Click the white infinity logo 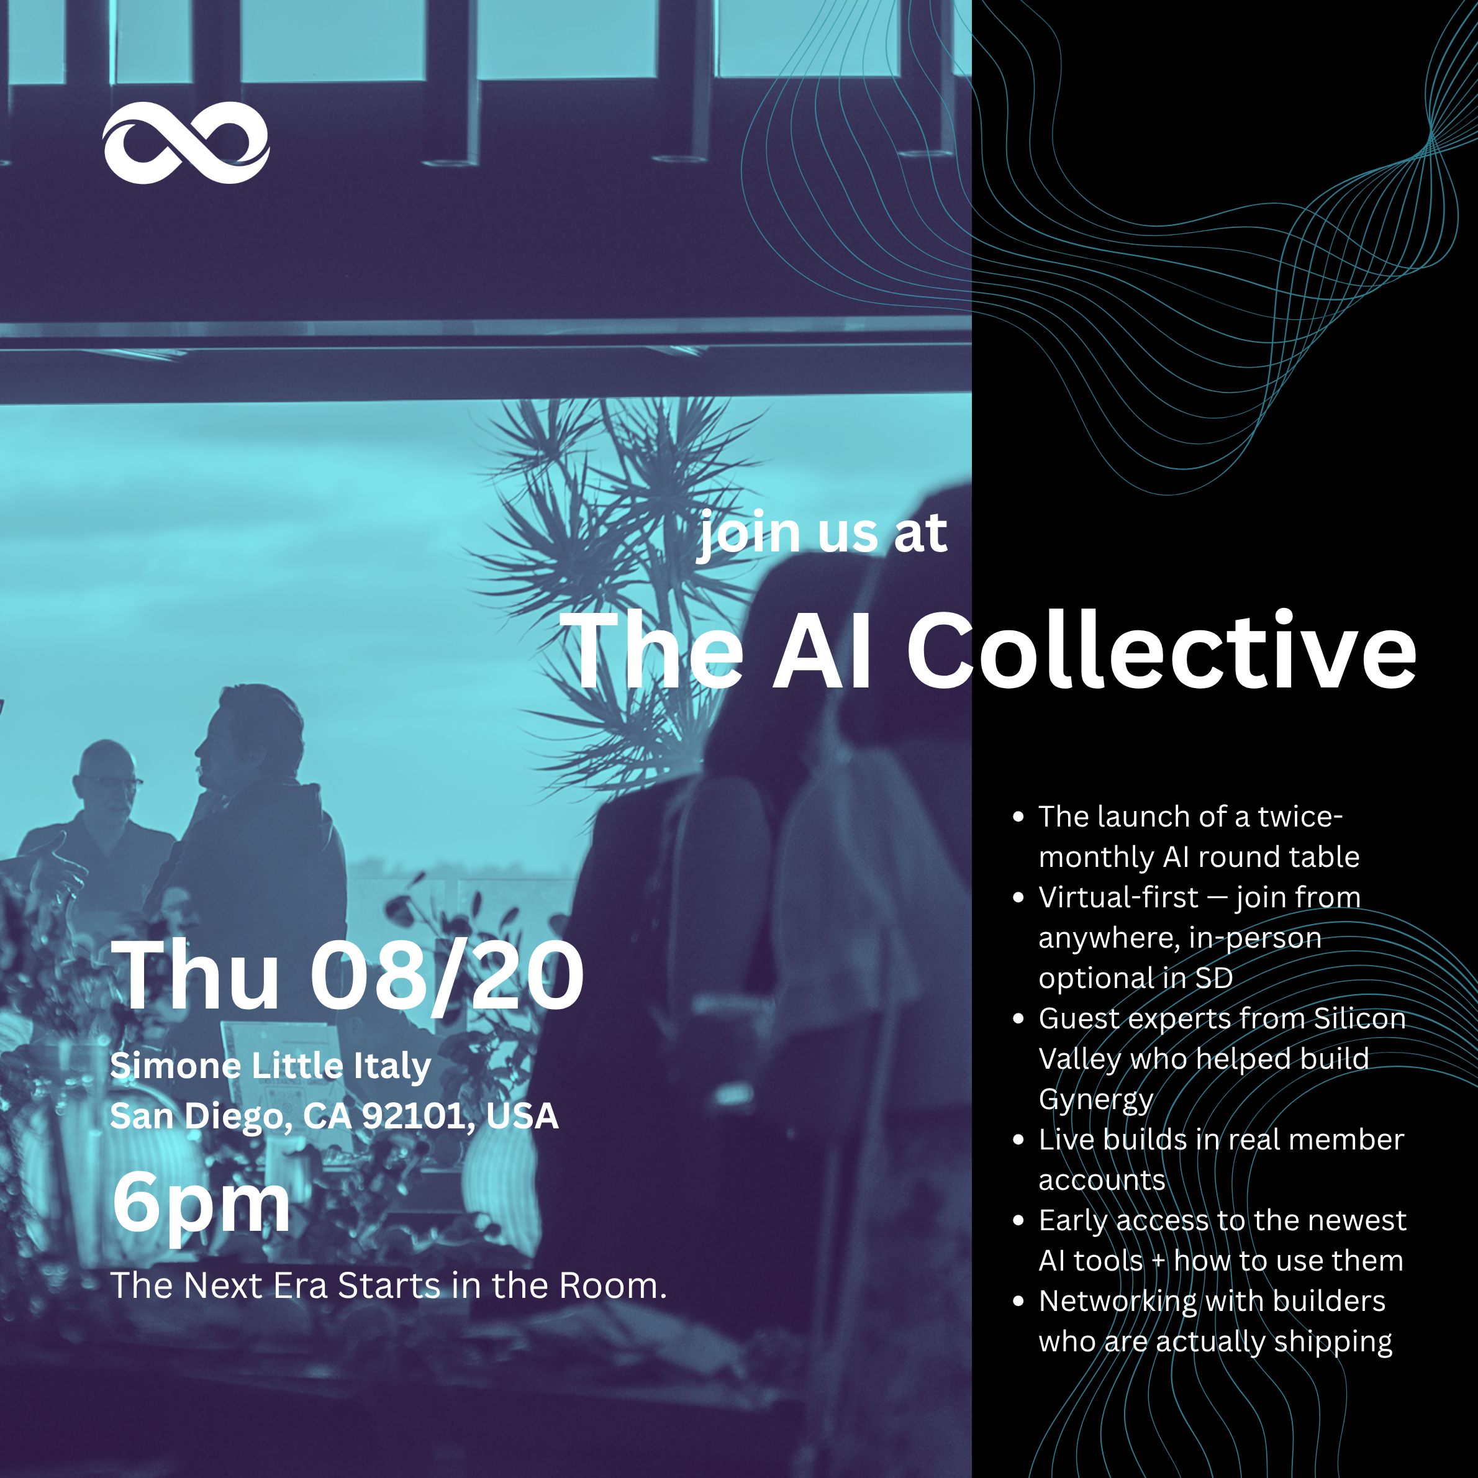point(186,142)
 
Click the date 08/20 point(447,977)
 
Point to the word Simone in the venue point(175,1066)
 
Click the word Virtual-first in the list point(1118,897)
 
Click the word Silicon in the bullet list point(1360,1018)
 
